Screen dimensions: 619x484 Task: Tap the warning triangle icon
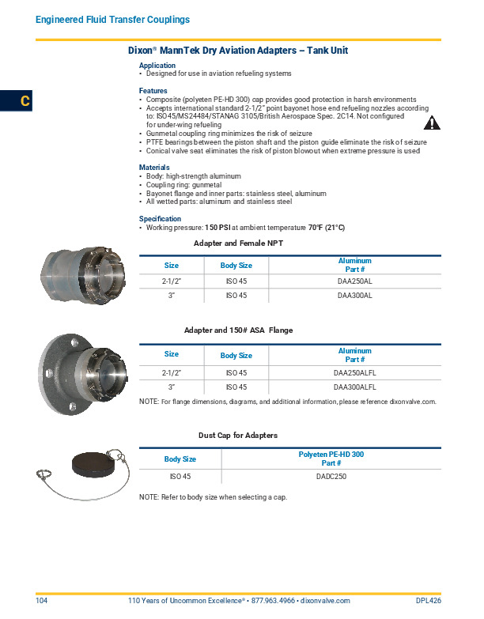[x=432, y=122]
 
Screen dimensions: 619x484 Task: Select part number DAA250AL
[x=354, y=281]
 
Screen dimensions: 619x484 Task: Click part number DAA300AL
[x=354, y=295]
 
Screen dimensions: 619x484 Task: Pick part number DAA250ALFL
[x=354, y=372]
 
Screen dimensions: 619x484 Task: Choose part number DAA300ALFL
[x=354, y=387]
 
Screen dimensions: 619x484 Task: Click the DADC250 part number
[x=331, y=477]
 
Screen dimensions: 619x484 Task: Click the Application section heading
[x=157, y=66]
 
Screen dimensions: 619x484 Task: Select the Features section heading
[x=153, y=91]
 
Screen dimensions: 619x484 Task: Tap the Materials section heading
[x=154, y=168]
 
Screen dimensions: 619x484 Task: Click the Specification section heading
[x=160, y=219]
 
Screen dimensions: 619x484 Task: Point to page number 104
[x=42, y=601]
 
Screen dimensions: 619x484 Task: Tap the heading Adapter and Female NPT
[x=238, y=243]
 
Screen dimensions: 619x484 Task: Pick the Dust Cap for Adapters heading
[x=237, y=436]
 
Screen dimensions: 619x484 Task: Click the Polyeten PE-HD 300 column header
[x=331, y=455]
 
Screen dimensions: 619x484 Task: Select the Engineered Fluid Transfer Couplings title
[x=112, y=19]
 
